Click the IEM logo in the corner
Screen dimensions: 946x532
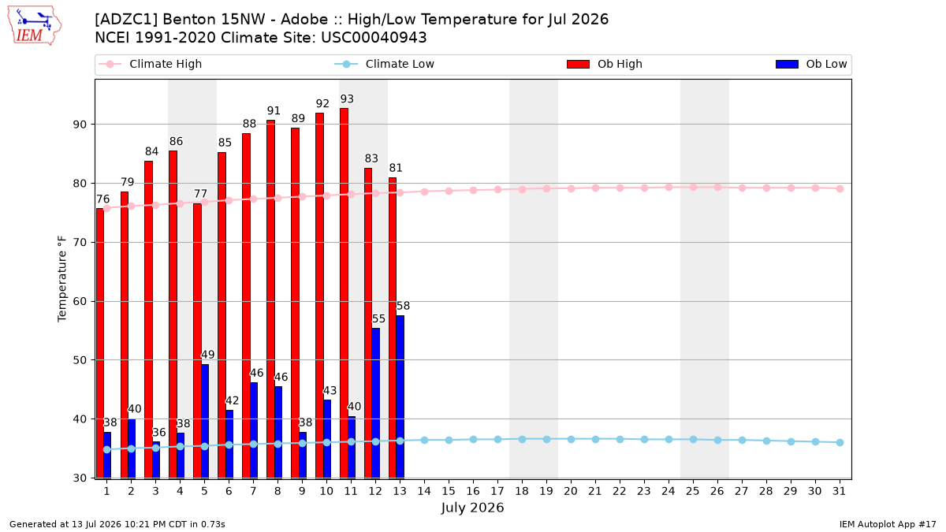click(34, 26)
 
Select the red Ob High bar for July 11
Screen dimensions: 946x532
click(345, 293)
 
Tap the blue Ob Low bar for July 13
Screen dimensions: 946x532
click(400, 397)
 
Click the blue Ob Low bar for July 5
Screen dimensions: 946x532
click(205, 422)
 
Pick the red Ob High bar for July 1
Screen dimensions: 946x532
click(100, 344)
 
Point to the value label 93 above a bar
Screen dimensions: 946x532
click(347, 99)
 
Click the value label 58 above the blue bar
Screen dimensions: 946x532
click(403, 306)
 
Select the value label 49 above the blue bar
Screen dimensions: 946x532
click(208, 355)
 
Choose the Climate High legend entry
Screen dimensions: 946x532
click(150, 64)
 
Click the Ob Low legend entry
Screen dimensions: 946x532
click(811, 64)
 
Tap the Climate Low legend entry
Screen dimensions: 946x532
click(384, 64)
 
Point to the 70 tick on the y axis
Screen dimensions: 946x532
click(80, 243)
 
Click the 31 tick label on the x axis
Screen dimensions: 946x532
click(839, 491)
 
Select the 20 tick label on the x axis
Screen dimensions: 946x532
click(571, 491)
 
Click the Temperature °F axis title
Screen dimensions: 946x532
click(62, 279)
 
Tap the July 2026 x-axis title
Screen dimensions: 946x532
click(472, 508)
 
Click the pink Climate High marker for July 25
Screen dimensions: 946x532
click(693, 187)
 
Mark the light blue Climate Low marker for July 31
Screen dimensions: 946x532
click(840, 442)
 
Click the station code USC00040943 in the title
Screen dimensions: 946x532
click(374, 38)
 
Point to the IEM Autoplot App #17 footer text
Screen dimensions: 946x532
click(888, 524)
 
